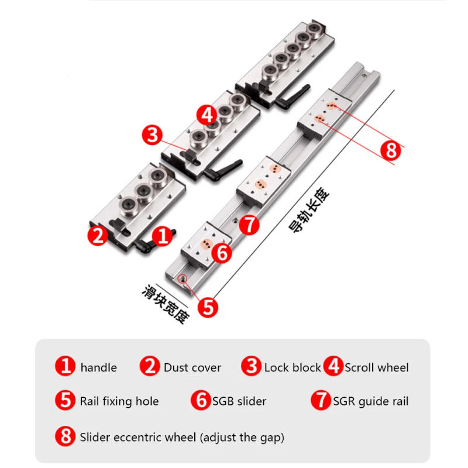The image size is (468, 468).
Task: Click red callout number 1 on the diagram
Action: coord(163,236)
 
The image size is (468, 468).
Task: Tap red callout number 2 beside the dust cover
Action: coord(97,236)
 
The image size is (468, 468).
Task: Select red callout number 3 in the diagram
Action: coord(152,135)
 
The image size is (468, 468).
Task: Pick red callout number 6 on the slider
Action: coord(222,252)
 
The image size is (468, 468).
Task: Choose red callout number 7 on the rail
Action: coord(250,224)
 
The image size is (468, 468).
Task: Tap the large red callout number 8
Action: coord(391,150)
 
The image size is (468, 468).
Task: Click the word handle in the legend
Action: coord(98,367)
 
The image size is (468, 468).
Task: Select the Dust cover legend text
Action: coord(192,367)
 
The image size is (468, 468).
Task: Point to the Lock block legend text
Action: coord(292,367)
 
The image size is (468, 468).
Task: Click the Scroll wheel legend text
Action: coord(377,367)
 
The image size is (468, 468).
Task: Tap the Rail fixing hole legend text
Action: coord(119,401)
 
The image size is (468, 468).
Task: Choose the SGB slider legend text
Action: coord(239,401)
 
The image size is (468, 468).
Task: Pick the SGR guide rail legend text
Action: coord(371,401)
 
